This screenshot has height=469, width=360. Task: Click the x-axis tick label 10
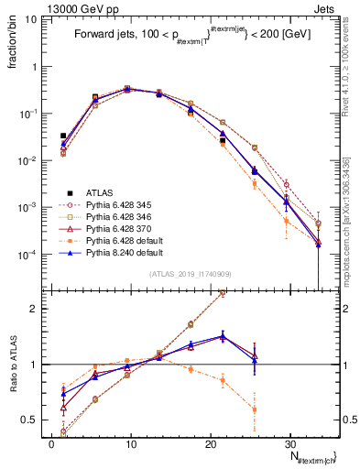[x=131, y=443]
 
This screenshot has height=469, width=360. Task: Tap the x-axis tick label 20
[x=210, y=443]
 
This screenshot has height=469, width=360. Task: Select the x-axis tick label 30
[x=289, y=443]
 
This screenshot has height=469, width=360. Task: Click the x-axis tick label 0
[x=51, y=443]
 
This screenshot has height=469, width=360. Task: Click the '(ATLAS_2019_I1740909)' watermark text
[x=190, y=274]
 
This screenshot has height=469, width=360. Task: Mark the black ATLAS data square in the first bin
[x=63, y=136]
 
